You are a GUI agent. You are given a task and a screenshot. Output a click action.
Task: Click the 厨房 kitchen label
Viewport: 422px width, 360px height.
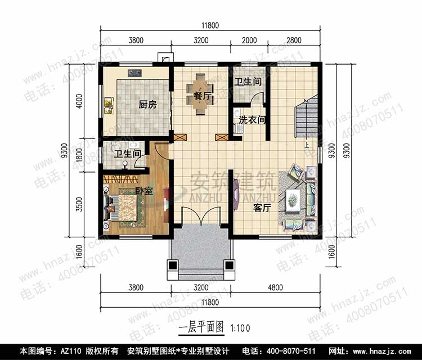[x=147, y=105]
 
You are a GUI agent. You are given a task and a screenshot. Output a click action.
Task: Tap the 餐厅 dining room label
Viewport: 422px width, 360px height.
[x=203, y=96]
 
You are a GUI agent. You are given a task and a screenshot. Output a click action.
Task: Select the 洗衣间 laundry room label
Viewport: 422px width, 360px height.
[x=252, y=120]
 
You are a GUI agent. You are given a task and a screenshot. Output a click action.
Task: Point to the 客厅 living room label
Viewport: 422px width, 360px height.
[x=262, y=208]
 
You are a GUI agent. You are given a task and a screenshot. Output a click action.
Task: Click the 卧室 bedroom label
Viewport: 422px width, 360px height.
[x=144, y=191]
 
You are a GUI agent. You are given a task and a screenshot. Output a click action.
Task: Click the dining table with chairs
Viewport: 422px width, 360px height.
[x=200, y=94]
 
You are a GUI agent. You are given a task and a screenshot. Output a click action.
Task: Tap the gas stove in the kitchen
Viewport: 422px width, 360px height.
[x=134, y=73]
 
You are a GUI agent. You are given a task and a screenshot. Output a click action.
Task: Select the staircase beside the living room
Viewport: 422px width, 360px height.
[x=306, y=116]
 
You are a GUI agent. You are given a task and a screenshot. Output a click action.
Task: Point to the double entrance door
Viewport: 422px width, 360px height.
[x=201, y=216]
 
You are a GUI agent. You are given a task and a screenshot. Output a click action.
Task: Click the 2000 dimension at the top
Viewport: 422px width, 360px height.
[x=249, y=40]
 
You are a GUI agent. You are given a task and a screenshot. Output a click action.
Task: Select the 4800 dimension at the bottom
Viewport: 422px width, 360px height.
[x=275, y=287]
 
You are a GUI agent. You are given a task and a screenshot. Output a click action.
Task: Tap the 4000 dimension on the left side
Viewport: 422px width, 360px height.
[x=80, y=101]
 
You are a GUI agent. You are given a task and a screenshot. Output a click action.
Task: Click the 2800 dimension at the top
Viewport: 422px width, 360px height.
[x=294, y=40]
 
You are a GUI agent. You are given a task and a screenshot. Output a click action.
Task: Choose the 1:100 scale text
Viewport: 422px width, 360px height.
[x=240, y=328]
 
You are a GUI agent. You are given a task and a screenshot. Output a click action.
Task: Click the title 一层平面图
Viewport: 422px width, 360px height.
[x=201, y=327]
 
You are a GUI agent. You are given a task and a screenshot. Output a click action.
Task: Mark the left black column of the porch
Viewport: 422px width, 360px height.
[x=172, y=265]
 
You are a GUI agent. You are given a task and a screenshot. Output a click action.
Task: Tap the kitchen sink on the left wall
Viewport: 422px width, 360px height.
[x=109, y=106]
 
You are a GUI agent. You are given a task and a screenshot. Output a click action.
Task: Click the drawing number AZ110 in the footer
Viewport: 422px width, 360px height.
[x=71, y=351]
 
